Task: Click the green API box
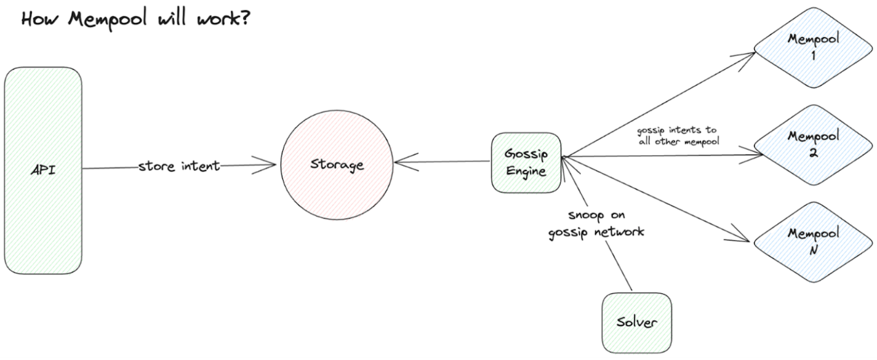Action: [x=43, y=170]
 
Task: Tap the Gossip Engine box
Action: [x=525, y=162]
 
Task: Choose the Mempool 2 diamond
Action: [x=814, y=145]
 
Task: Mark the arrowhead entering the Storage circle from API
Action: [x=271, y=165]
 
